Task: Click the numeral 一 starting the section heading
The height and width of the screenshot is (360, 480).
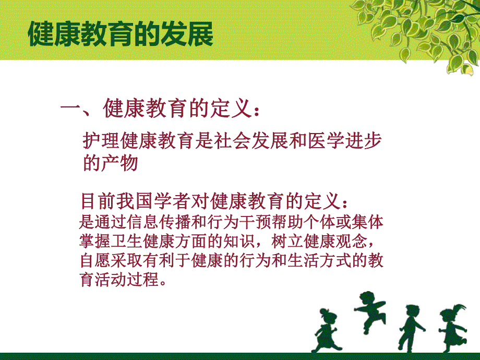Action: [x=69, y=110]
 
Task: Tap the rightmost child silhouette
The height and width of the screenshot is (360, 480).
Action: [x=451, y=329]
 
